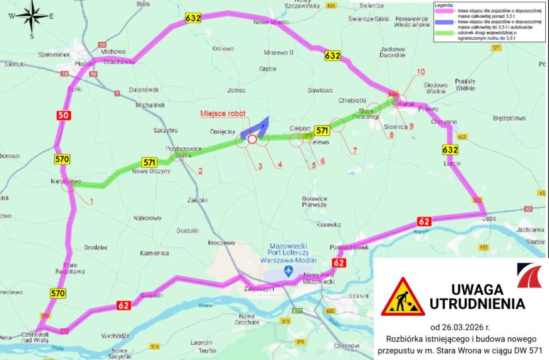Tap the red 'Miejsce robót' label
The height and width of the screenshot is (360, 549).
pyautogui.click(x=224, y=114)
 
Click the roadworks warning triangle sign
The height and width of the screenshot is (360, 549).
pyautogui.click(x=403, y=297)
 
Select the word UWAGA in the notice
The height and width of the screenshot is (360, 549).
pyautogui.click(x=477, y=289)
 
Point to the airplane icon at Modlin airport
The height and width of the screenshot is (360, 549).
pyautogui.click(x=289, y=271)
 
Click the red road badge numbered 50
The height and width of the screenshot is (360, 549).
pyautogui.click(x=63, y=116)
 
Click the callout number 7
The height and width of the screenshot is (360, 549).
pyautogui.click(x=355, y=150)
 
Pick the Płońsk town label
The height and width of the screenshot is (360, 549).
pyautogui.click(x=83, y=63)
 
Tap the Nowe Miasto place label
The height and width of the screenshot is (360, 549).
pyautogui.click(x=271, y=22)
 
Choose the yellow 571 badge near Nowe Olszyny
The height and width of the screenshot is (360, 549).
pyautogui.click(x=149, y=162)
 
